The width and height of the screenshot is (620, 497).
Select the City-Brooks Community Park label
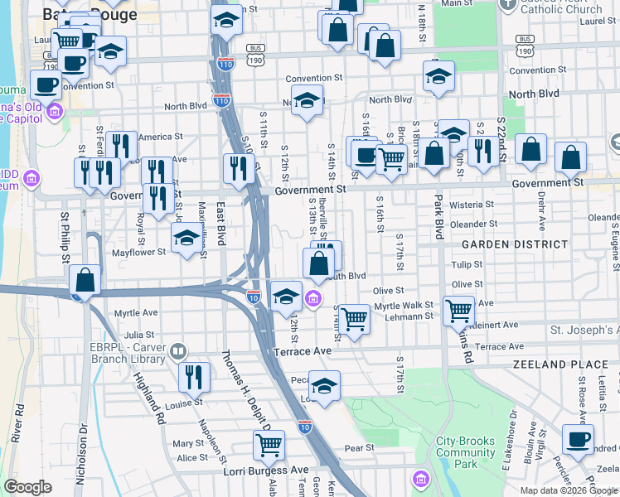click(x=466, y=452)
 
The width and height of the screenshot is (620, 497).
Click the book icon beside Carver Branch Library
click(x=177, y=353)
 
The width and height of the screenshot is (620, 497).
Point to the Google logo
click(x=27, y=487)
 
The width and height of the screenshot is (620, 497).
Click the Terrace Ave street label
click(x=309, y=351)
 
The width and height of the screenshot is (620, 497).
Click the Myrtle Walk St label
click(x=404, y=306)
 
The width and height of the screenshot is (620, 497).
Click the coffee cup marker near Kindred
click(x=578, y=439)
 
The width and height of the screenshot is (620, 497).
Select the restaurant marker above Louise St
click(x=194, y=377)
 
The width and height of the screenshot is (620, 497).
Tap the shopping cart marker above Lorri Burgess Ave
click(x=269, y=445)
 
